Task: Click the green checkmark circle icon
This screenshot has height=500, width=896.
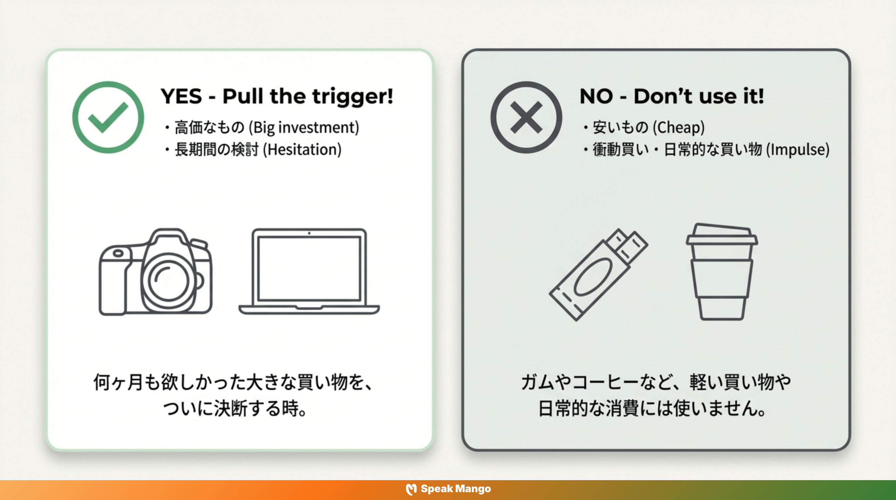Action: pyautogui.click(x=108, y=117)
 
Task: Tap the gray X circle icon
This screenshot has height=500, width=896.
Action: pyautogui.click(x=526, y=117)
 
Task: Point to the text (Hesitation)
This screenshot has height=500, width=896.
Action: pyautogui.click(x=302, y=149)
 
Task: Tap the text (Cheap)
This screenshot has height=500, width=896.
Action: pyautogui.click(x=679, y=127)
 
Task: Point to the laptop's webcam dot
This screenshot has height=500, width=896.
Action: pyautogui.click(x=309, y=233)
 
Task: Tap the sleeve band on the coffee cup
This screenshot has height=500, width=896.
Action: pyautogui.click(x=722, y=278)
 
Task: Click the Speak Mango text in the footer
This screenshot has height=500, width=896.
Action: pyautogui.click(x=456, y=489)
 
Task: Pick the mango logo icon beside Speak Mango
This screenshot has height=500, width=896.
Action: pyautogui.click(x=411, y=489)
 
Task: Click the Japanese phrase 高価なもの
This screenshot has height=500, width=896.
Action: pyautogui.click(x=209, y=127)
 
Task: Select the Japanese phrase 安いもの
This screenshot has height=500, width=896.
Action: pyautogui.click(x=620, y=127)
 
